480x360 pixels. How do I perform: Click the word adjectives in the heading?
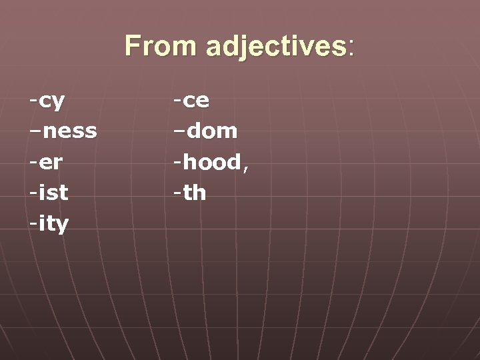[276, 46]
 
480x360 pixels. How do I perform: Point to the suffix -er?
[46, 163]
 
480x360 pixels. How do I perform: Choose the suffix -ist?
[48, 193]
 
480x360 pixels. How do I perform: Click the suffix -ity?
[49, 224]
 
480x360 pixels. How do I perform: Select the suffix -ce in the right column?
[192, 101]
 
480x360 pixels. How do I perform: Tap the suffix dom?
[212, 131]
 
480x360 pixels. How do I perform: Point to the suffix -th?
[190, 193]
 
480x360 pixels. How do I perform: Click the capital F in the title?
[133, 46]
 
